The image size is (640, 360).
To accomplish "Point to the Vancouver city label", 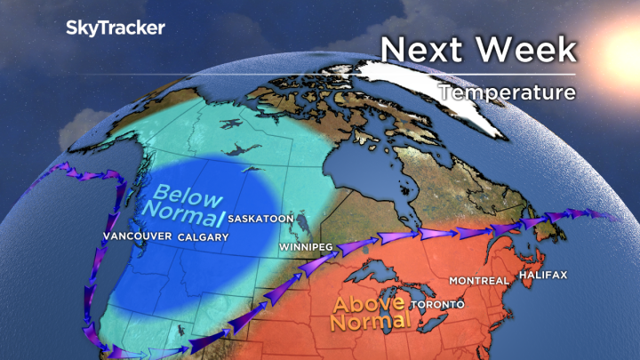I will point(136,237).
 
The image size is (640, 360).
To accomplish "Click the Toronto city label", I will point(436,305).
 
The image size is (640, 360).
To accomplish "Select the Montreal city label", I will point(478,281).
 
